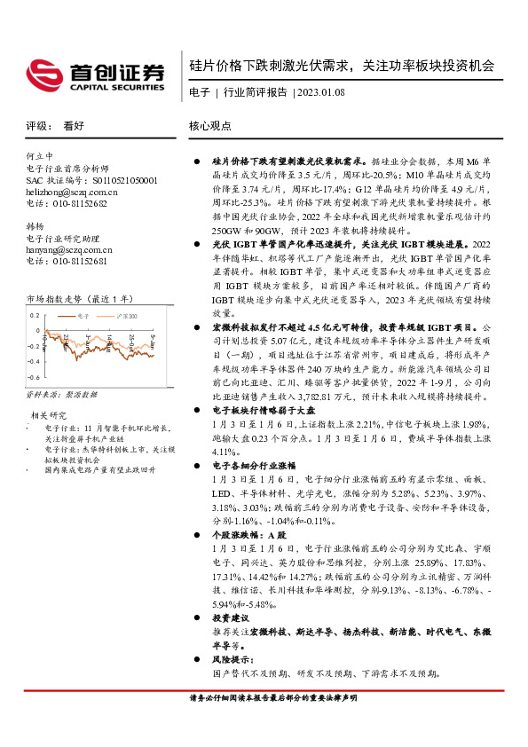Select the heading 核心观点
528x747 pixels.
pos(210,126)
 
